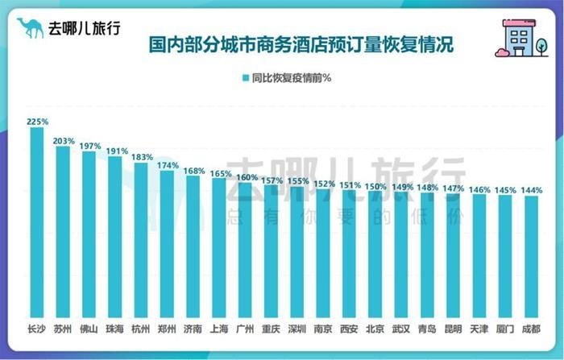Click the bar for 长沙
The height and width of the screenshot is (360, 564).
point(37,221)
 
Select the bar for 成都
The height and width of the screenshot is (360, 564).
point(531,255)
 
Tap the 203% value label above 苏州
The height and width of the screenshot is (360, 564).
point(64,140)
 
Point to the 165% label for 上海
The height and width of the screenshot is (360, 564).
point(220,172)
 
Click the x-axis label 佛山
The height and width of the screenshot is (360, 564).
point(89,328)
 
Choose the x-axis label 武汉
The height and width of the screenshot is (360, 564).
point(401,328)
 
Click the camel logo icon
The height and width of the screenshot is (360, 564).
point(30,28)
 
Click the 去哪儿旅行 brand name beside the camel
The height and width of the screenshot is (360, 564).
point(84,28)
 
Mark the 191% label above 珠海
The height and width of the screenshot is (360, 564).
point(116,151)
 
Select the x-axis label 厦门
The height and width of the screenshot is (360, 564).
point(505,328)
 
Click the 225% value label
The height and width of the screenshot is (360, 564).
point(37,122)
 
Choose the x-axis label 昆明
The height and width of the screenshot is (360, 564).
point(454,328)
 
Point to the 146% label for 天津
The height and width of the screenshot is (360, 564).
point(479,189)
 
